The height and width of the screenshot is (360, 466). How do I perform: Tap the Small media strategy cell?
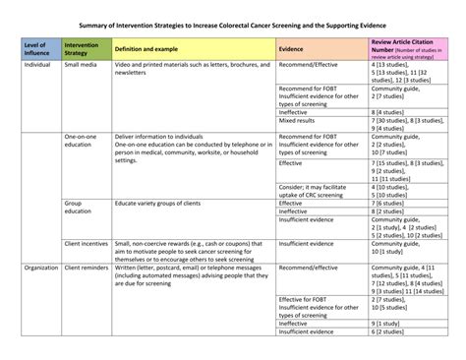[x=81, y=64]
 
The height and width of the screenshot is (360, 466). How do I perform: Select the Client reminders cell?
[x=87, y=267]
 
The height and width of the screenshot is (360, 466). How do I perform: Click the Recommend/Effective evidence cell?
[x=311, y=64]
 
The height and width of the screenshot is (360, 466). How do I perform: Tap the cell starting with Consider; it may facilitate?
[x=314, y=191]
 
